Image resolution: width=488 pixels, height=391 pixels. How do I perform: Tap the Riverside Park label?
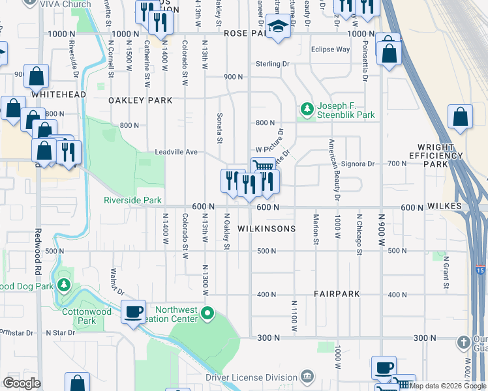(x=132, y=200)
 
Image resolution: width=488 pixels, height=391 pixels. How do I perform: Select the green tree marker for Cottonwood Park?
(x=64, y=285)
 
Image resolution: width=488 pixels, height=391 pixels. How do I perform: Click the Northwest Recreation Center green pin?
(x=207, y=315)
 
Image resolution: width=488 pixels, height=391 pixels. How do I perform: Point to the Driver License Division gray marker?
(x=307, y=377)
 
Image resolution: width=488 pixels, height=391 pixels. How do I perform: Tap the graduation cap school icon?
(x=279, y=28)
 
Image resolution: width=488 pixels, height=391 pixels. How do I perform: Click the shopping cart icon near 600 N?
(x=263, y=167)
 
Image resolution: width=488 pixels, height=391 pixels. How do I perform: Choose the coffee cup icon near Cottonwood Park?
(x=134, y=311)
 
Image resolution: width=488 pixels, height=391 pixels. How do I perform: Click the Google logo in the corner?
(x=21, y=383)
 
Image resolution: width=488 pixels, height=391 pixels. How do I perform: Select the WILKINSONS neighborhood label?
(x=266, y=229)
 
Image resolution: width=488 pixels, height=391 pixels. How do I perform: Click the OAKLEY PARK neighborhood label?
(x=140, y=100)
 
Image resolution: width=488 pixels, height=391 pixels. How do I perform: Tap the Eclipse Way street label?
(x=330, y=49)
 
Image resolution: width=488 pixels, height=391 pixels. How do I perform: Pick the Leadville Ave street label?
(x=175, y=152)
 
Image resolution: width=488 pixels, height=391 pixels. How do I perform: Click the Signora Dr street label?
(x=357, y=164)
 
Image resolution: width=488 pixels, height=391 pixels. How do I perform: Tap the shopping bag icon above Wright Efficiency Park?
(x=461, y=118)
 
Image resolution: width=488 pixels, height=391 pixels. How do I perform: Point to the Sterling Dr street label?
(x=273, y=64)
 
